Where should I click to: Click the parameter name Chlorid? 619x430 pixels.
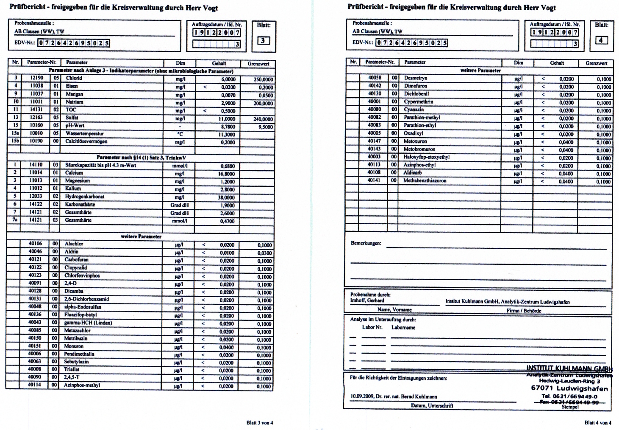[x=74, y=79]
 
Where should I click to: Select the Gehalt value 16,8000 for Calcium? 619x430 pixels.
[x=227, y=174]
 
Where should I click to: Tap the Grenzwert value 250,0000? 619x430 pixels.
[x=263, y=79]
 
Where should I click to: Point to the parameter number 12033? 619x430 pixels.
[x=36, y=197]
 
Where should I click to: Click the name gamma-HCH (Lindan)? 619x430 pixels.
[x=88, y=323]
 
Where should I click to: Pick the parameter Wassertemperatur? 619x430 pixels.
[x=84, y=134]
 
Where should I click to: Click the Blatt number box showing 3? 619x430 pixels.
[x=264, y=41]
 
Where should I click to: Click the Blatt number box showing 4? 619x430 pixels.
[x=601, y=40]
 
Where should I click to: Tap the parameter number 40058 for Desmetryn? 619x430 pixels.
[x=374, y=78]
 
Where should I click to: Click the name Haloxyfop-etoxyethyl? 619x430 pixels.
[x=426, y=157]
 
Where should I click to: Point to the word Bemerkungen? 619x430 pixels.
[x=366, y=244]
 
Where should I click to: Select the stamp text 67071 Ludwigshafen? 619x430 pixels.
[x=569, y=388]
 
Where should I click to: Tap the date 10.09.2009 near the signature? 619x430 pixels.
[x=362, y=397]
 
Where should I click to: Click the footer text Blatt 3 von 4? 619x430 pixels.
[x=260, y=423]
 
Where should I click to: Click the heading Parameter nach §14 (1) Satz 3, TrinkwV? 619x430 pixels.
[x=141, y=158]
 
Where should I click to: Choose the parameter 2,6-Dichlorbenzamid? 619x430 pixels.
[x=86, y=299]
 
